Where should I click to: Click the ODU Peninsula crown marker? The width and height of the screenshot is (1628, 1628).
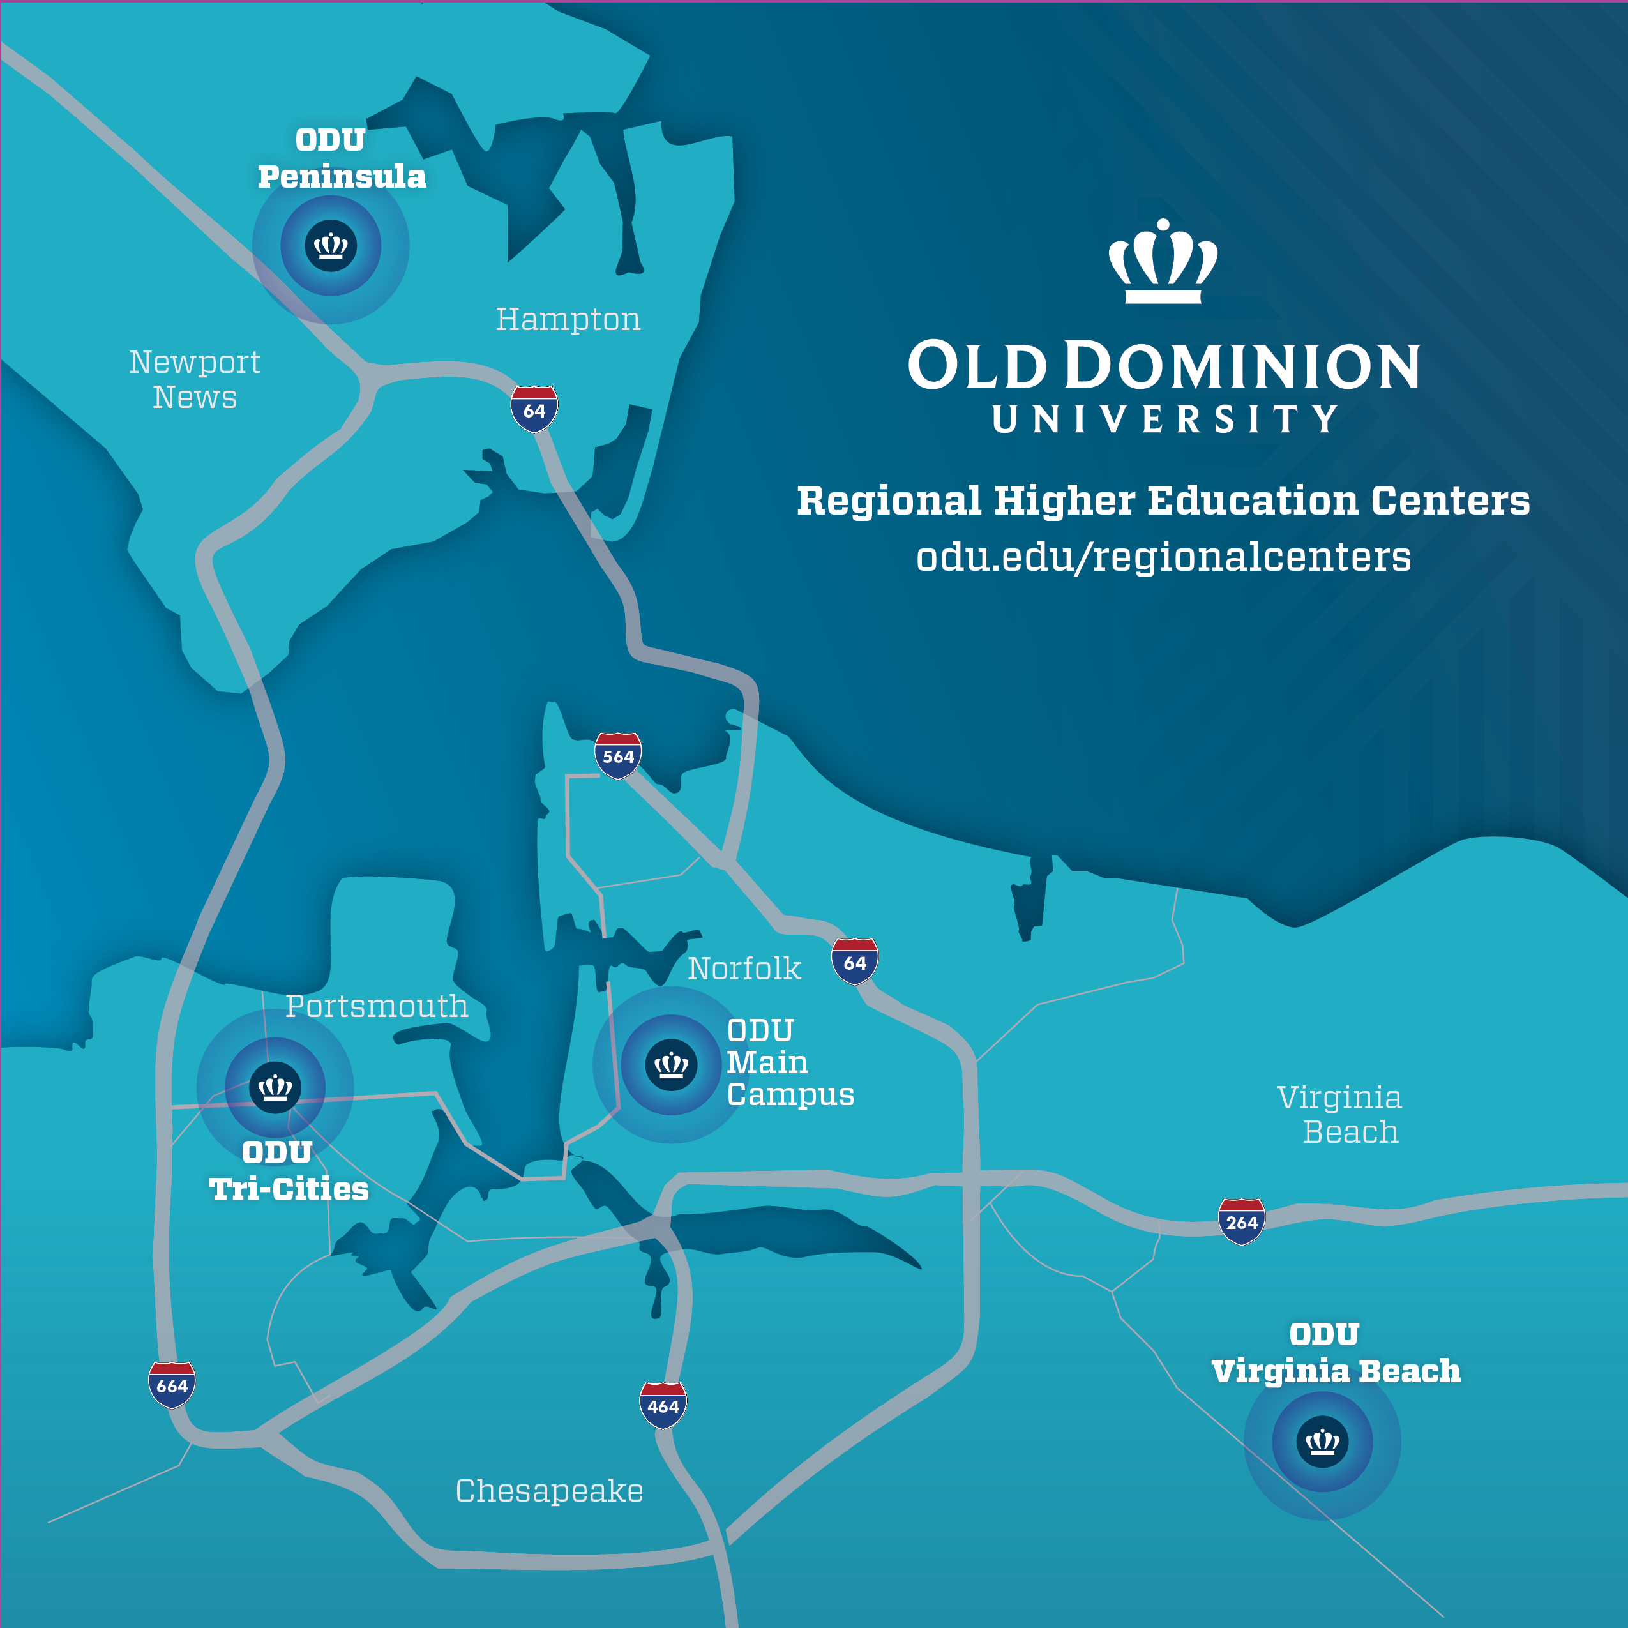click(x=330, y=246)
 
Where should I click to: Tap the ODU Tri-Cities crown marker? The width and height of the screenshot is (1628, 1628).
click(x=275, y=1087)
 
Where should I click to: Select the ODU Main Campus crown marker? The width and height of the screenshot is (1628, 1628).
click(x=671, y=1064)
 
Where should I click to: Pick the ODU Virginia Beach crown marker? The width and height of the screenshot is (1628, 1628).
click(x=1322, y=1442)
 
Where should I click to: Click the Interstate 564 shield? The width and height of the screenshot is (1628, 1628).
click(x=617, y=756)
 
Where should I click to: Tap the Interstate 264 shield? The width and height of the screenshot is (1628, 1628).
click(x=1241, y=1221)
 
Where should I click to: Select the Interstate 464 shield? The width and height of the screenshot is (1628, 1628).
click(x=663, y=1406)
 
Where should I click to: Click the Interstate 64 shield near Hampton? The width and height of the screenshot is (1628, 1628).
click(x=534, y=409)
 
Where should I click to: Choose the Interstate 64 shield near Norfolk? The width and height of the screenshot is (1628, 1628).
click(x=854, y=961)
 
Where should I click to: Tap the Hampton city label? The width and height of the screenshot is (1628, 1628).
click(x=568, y=319)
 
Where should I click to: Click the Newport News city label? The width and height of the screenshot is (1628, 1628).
click(x=195, y=379)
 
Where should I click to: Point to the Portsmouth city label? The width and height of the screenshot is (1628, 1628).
click(x=377, y=1006)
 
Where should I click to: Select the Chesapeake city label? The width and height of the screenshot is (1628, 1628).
click(x=550, y=1491)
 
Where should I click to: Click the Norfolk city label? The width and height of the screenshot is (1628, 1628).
click(x=744, y=969)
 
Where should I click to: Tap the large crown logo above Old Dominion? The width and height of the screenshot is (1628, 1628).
click(x=1163, y=261)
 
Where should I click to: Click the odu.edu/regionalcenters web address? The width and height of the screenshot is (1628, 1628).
click(x=1163, y=557)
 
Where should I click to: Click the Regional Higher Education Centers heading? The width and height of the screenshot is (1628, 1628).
click(x=1163, y=501)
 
